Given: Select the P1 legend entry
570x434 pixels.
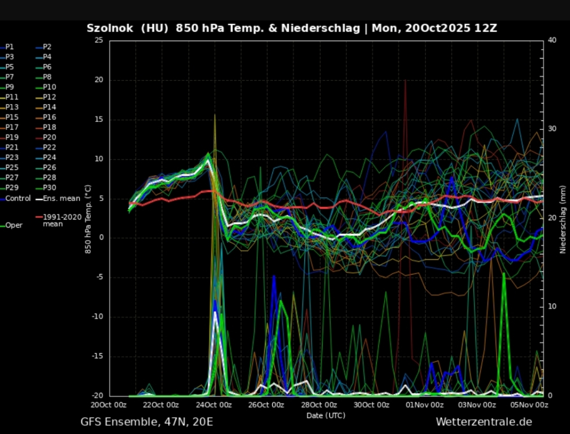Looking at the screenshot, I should click(x=10, y=47).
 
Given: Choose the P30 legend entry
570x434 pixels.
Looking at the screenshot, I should click(x=49, y=188).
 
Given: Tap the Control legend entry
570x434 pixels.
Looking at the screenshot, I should click(x=18, y=198).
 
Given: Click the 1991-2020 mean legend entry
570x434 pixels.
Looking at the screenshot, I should click(x=58, y=220).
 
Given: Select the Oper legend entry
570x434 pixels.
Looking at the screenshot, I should click(x=13, y=225).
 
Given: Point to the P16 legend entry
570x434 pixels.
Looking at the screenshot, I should click(x=49, y=117).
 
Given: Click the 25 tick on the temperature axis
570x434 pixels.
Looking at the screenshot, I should click(x=99, y=41).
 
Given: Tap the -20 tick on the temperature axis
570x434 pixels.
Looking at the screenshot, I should click(x=97, y=396).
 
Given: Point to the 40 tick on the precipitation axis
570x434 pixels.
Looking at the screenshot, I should click(x=552, y=41).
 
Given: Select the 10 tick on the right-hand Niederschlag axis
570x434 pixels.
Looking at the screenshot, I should click(x=552, y=307).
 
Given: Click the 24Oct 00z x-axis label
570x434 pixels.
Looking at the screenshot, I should click(x=214, y=405).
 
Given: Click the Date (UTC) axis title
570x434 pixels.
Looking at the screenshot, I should click(x=325, y=415).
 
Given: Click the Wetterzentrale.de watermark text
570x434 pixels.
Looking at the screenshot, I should click(x=484, y=422).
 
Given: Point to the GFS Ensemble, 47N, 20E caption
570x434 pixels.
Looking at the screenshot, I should click(x=146, y=422).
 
